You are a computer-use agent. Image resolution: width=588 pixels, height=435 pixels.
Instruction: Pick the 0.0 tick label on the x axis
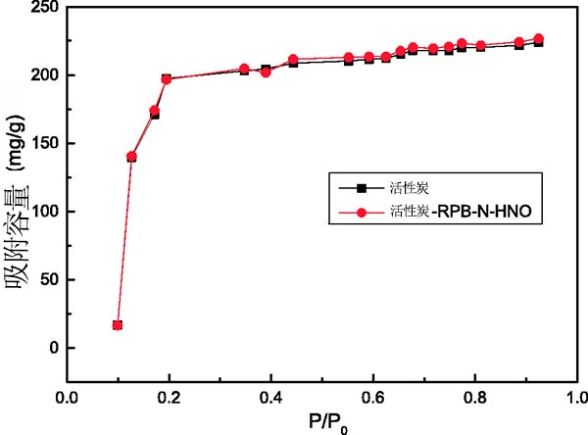(67, 399)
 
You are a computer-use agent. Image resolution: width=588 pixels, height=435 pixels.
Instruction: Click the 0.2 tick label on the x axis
(169, 399)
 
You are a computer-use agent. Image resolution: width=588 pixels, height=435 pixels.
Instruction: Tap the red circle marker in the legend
(361, 210)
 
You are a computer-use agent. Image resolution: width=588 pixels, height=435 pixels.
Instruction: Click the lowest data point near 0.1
(118, 325)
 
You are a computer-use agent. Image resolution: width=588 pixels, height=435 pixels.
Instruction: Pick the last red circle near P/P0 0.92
(538, 39)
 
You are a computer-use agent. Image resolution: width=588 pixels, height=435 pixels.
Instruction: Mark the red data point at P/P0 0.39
(266, 72)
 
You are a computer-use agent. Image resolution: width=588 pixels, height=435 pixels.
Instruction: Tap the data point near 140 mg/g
(131, 157)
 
